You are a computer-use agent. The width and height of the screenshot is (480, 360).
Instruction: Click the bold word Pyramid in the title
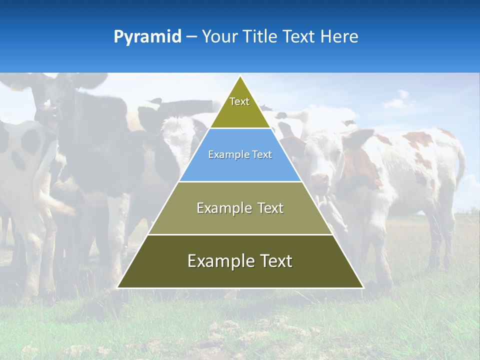(x=147, y=37)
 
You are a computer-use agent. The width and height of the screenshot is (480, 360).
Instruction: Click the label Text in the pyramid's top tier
(x=239, y=101)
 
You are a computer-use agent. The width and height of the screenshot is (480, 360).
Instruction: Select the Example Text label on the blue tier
(x=240, y=155)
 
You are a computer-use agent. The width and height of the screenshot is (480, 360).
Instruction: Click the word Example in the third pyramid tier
(x=222, y=208)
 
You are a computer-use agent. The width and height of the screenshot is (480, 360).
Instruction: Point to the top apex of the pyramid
(x=240, y=76)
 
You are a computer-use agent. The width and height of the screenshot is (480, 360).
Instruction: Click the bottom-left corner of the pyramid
(x=118, y=287)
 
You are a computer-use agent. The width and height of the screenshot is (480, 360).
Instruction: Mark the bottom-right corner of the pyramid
(x=363, y=287)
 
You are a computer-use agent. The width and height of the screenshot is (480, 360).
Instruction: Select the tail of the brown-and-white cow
(x=460, y=165)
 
